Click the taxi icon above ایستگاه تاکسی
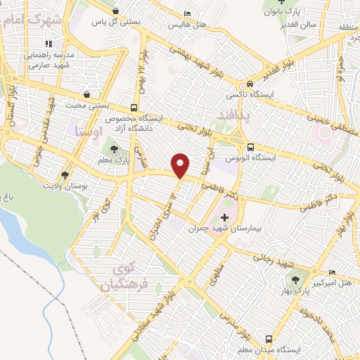250,82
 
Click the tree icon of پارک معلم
114,148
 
